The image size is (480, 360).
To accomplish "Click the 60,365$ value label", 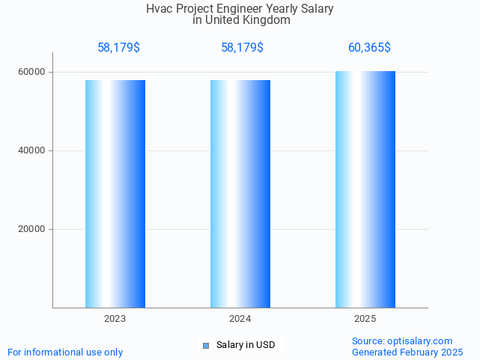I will point(369,48).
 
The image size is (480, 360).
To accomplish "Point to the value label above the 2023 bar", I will point(118,48).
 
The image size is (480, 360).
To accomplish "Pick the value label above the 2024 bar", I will point(242,48).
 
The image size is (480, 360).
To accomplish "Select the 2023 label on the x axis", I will point(115,319).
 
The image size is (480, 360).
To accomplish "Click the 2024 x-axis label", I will point(240,319).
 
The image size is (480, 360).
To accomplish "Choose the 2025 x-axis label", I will point(365,319).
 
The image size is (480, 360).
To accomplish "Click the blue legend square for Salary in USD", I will point(206,345).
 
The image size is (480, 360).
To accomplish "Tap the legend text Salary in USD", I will point(246,345).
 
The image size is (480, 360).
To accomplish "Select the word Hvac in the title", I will point(160,9).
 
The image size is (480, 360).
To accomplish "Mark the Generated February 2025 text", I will point(407,352).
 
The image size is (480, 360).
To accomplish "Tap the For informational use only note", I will point(65,352).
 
